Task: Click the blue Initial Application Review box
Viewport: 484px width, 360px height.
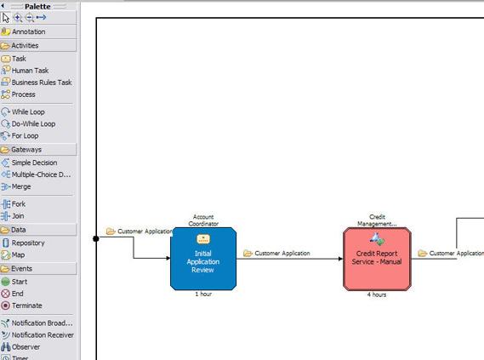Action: tap(203, 259)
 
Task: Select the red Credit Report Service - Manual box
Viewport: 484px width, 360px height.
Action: tap(377, 259)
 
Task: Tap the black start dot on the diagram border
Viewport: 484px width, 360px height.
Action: tap(96, 238)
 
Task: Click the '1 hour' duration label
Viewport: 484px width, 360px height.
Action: tap(203, 294)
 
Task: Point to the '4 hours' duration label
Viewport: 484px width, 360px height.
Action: tap(377, 294)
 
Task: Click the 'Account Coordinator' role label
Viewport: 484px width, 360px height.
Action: tap(203, 220)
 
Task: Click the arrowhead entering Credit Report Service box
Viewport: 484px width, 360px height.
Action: tap(340, 259)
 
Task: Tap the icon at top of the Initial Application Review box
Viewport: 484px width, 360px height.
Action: tap(203, 238)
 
